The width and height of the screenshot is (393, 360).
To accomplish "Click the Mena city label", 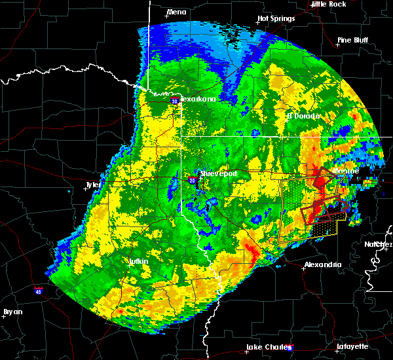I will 176,12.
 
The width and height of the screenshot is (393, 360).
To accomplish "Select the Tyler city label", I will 93,185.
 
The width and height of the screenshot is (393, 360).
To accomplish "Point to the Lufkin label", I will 138,261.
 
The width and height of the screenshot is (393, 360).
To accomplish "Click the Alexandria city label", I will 322,264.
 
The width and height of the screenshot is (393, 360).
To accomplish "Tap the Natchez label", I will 379,244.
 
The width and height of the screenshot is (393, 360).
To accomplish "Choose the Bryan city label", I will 12,312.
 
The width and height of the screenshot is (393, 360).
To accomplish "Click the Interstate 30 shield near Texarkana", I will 174,101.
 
